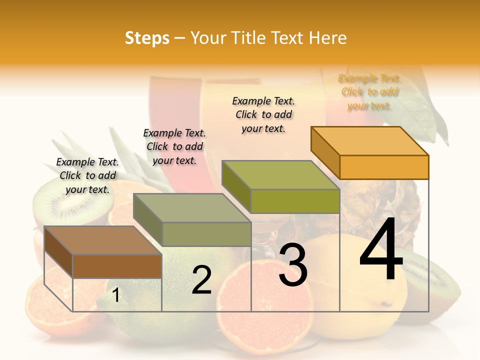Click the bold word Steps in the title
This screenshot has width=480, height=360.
[147, 38]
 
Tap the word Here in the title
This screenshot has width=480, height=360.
[327, 38]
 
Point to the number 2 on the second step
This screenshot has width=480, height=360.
[201, 280]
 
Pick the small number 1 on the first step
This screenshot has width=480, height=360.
[115, 295]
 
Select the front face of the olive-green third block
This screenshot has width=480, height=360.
[295, 201]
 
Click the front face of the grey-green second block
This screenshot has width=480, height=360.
[206, 234]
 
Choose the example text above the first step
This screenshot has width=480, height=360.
[88, 175]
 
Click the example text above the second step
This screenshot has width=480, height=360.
[175, 146]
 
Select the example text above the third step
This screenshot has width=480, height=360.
[264, 114]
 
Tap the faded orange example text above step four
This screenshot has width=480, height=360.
[369, 92]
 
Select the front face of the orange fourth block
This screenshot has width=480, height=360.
[384, 167]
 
